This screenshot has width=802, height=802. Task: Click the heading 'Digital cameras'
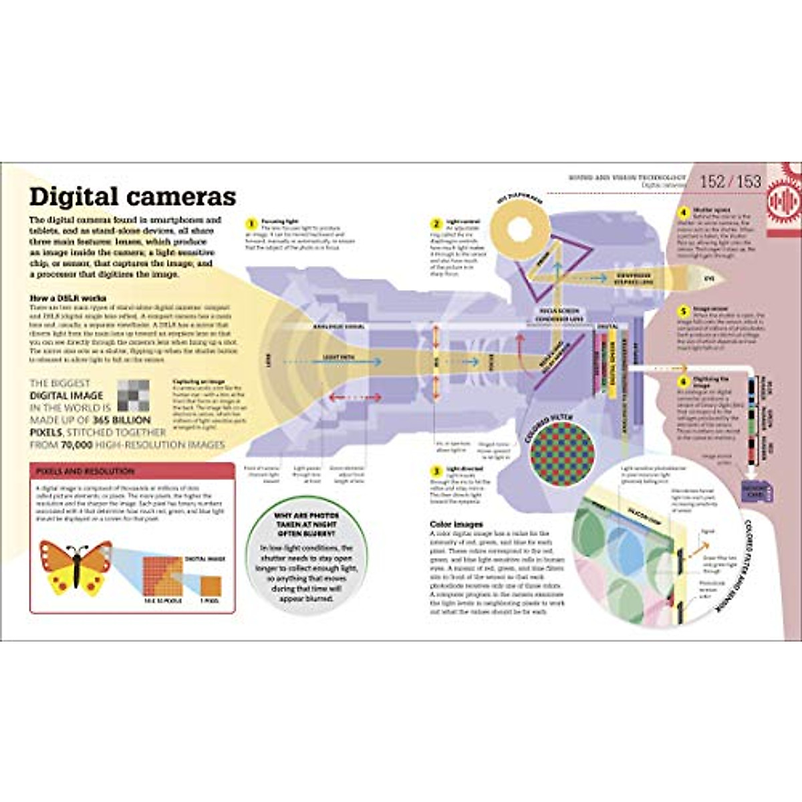click(132, 196)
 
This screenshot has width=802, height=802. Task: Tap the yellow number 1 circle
click(251, 224)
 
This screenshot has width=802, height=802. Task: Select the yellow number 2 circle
click(436, 224)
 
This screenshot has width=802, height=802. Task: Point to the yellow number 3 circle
click(436, 471)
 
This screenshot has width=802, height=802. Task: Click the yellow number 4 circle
click(683, 213)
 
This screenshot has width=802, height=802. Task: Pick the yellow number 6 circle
click(683, 382)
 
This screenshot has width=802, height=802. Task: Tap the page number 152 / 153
click(730, 181)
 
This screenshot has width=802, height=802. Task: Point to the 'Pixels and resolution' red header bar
click(132, 471)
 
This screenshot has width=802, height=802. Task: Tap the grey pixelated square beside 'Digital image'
click(133, 395)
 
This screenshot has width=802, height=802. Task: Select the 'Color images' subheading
click(456, 524)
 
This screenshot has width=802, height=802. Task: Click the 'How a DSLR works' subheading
click(68, 298)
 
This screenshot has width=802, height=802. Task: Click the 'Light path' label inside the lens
click(339, 358)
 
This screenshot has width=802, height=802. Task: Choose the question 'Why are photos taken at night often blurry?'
click(307, 525)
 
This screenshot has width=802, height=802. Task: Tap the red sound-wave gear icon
click(785, 199)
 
